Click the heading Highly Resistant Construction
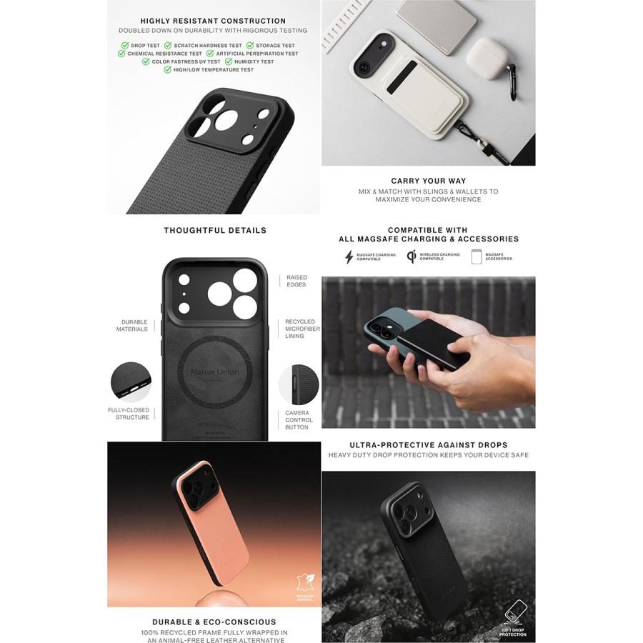point(213,21)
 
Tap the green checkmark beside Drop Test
point(124,46)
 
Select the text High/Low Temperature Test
point(213,70)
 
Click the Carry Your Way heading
point(428,181)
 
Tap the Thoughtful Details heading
point(214,230)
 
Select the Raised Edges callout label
point(296,281)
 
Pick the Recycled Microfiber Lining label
point(302,329)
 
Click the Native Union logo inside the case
point(214,372)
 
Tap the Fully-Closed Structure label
point(129,414)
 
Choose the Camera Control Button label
point(299,419)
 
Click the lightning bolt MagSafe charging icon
point(349,257)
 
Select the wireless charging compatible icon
point(412,256)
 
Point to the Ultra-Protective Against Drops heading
point(428,444)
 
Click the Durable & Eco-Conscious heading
point(214,622)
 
